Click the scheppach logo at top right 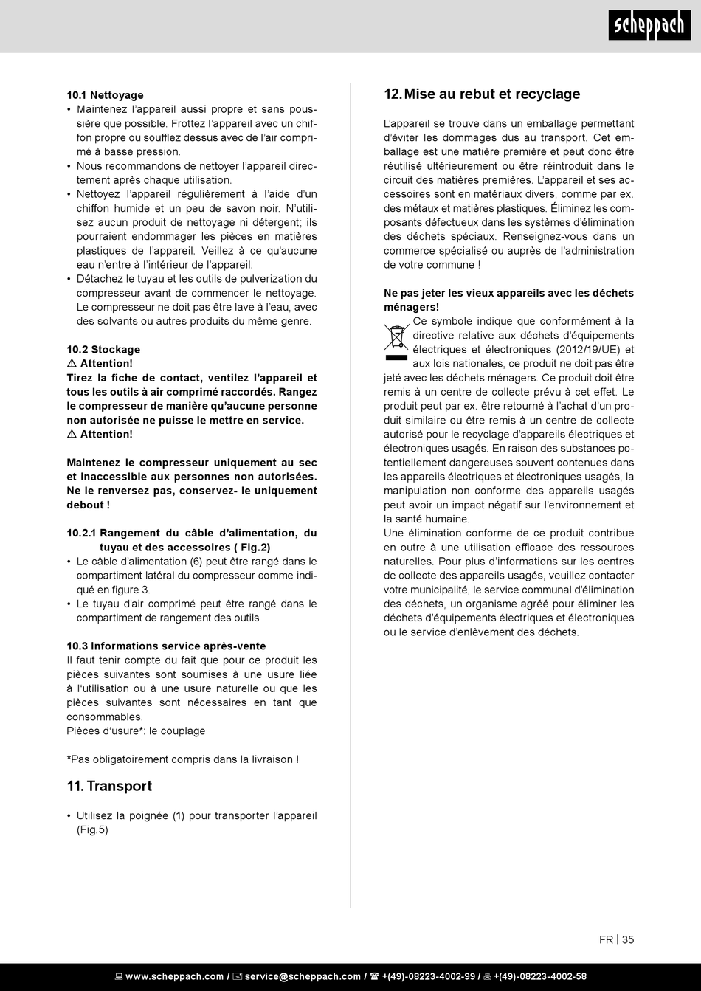649,26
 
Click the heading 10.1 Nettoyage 105,95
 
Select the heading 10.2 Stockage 103,349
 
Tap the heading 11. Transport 109,786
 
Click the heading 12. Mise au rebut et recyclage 482,94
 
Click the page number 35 628,939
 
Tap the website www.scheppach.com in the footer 174,976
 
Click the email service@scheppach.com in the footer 303,976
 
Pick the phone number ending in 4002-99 428,976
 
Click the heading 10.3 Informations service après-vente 166,646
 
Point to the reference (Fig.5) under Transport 92,829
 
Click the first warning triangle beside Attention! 72,364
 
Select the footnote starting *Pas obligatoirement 182,759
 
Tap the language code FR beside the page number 606,939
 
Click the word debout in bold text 85,505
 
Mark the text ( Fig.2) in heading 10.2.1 251,547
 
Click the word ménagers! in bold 411,306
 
